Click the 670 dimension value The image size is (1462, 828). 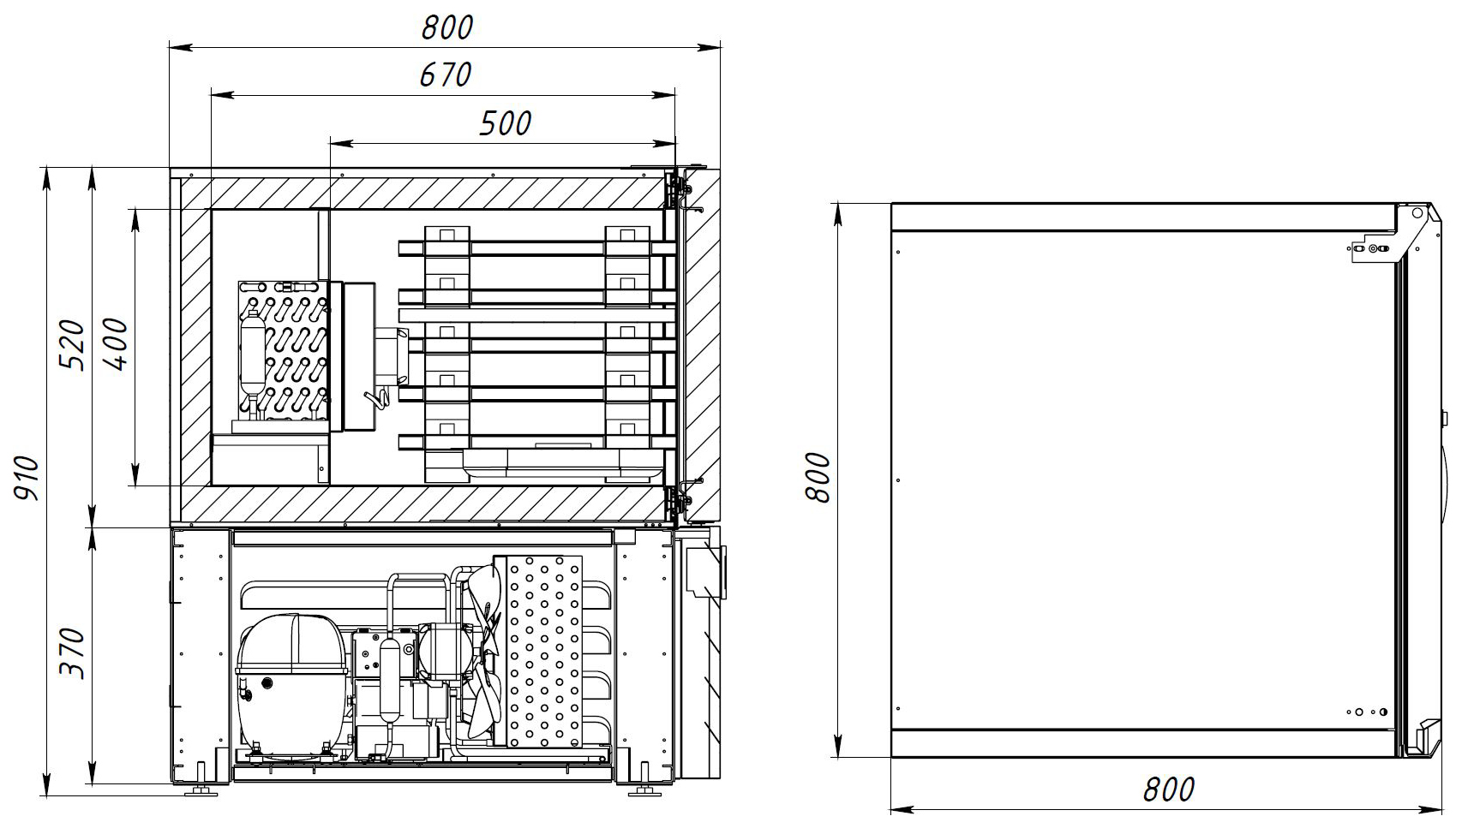pos(445,74)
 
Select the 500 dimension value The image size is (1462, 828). pos(505,123)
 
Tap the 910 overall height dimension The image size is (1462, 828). pos(27,479)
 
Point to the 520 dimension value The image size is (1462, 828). pos(73,346)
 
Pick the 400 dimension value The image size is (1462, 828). pos(116,343)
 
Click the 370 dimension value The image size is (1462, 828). pos(73,654)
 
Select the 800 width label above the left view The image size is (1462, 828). pos(447,27)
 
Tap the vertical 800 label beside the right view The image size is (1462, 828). pos(818,477)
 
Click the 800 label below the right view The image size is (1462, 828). pos(1168,789)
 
